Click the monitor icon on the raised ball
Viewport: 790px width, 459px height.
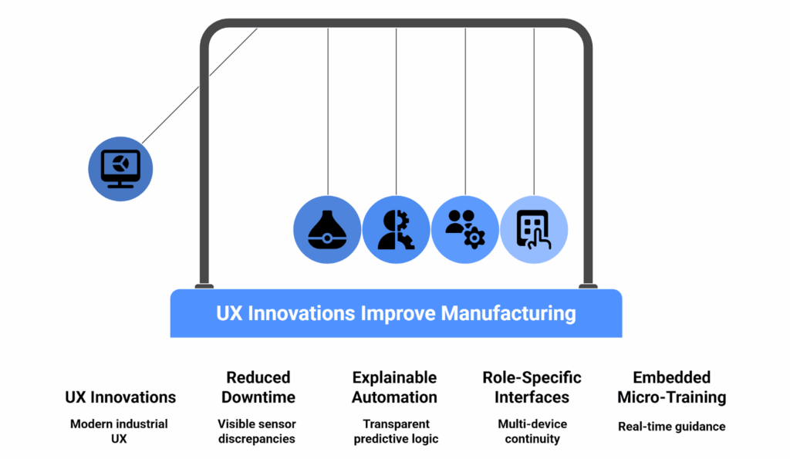[x=120, y=169]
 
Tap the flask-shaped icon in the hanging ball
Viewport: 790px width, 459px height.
[x=327, y=230]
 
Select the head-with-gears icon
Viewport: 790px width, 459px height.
[x=396, y=230]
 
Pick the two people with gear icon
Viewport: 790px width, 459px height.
[x=465, y=229]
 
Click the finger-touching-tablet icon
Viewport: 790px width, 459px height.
[x=534, y=230]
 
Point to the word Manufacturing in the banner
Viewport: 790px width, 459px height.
[x=508, y=313]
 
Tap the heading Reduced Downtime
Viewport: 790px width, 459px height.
[x=258, y=387]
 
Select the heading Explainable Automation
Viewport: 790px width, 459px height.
[x=394, y=387]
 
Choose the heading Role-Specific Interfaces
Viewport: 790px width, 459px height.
[x=532, y=387]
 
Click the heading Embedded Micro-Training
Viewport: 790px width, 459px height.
[x=672, y=387]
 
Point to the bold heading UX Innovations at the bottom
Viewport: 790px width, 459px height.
[x=120, y=397]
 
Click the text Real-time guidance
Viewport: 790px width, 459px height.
[x=672, y=427]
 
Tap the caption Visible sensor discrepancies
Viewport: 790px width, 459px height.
[x=257, y=431]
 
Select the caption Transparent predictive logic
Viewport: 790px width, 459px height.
[x=396, y=431]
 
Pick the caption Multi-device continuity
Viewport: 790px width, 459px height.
[x=532, y=431]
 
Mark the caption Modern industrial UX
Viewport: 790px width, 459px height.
[x=119, y=431]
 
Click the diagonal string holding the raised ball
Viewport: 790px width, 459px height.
[x=200, y=86]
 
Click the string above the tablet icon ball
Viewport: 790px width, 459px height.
[x=534, y=112]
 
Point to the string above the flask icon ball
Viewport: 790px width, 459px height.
[x=328, y=112]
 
